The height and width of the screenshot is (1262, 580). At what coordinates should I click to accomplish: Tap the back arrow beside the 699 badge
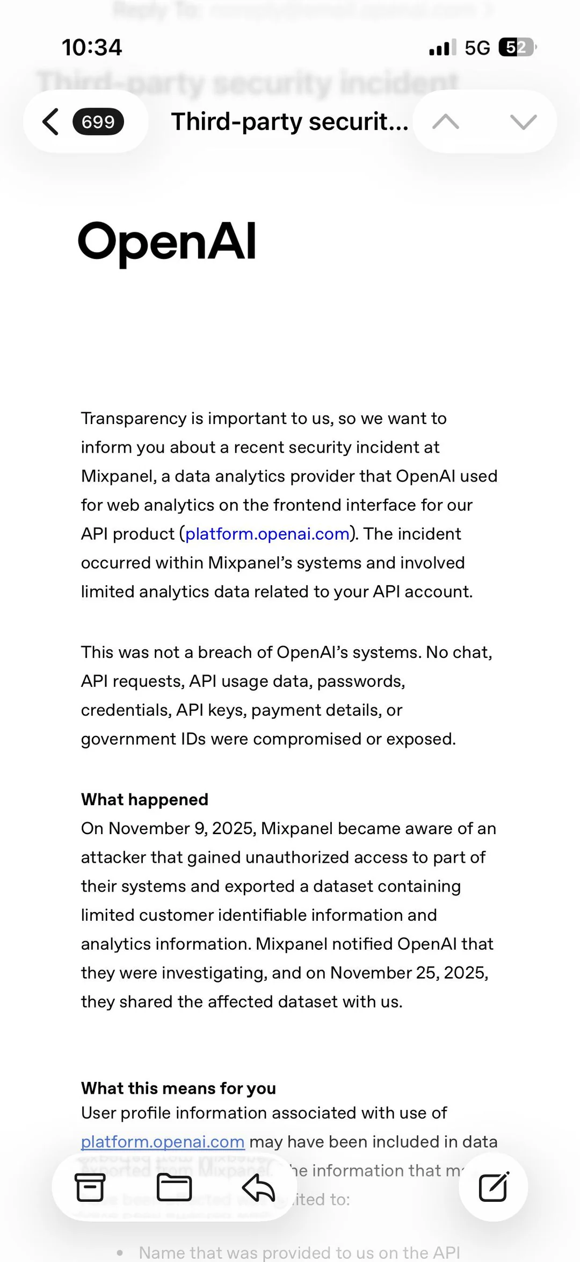click(x=50, y=121)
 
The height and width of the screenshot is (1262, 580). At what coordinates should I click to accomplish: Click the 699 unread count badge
click(x=98, y=121)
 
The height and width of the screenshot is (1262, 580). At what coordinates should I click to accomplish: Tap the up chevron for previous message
click(x=446, y=122)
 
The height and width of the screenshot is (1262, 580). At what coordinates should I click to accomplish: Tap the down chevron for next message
click(x=524, y=122)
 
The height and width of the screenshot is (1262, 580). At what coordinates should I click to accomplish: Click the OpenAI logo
click(x=167, y=242)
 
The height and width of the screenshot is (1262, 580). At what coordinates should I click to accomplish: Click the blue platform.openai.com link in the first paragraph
click(x=267, y=534)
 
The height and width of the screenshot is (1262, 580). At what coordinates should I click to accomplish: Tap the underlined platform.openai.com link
click(x=163, y=1141)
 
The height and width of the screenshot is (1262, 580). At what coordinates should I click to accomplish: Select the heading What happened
click(x=144, y=799)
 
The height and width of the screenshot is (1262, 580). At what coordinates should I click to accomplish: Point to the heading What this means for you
click(x=178, y=1088)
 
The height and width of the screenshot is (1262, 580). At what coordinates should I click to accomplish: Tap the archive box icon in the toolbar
click(x=90, y=1187)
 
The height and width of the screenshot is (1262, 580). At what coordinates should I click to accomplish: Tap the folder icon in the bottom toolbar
click(x=174, y=1187)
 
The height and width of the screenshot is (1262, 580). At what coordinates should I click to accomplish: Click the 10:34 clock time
click(x=92, y=47)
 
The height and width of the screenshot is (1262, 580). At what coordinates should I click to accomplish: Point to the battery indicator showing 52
click(x=517, y=48)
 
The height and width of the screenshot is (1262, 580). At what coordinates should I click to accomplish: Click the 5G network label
click(x=477, y=48)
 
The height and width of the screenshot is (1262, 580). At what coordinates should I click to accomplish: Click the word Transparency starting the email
click(x=134, y=418)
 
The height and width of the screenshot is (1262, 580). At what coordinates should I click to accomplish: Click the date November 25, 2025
click(x=409, y=973)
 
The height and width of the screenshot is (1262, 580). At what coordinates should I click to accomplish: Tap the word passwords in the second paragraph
click(x=360, y=681)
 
